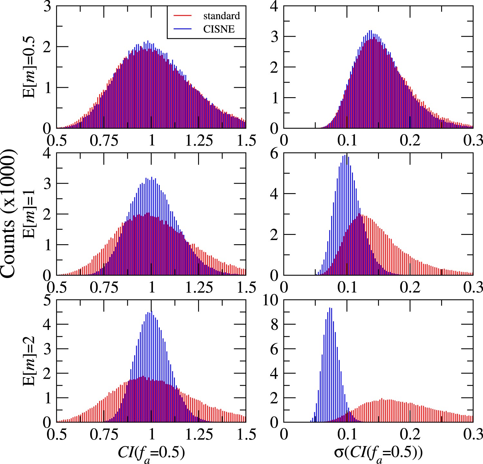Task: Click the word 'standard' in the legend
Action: tap(221, 16)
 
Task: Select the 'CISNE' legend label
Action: tap(219, 29)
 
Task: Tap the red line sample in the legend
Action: tap(183, 16)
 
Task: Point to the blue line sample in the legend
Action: tap(183, 29)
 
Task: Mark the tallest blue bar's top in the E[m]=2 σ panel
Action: tap(330, 308)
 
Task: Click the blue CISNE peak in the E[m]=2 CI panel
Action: tap(151, 311)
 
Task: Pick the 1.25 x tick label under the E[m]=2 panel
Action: tap(199, 434)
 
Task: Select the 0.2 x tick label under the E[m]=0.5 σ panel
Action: tap(410, 141)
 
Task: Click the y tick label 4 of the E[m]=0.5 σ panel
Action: tap(274, 6)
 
